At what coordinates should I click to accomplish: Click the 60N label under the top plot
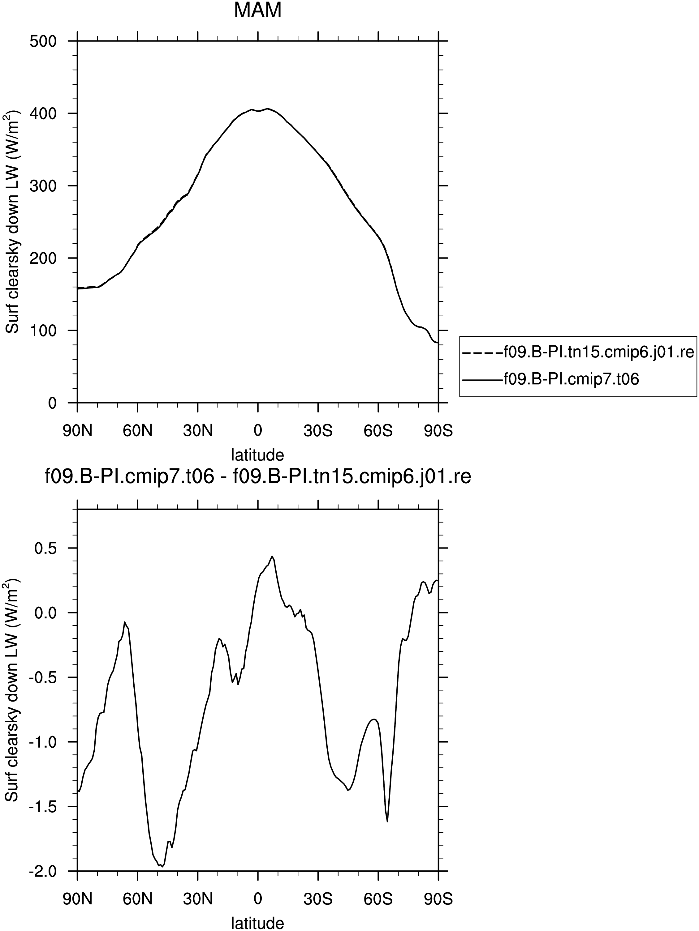tap(138, 431)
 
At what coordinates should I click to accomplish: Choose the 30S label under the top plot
tap(318, 431)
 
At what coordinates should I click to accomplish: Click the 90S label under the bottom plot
tap(438, 899)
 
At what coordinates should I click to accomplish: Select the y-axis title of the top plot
tap(13, 222)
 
